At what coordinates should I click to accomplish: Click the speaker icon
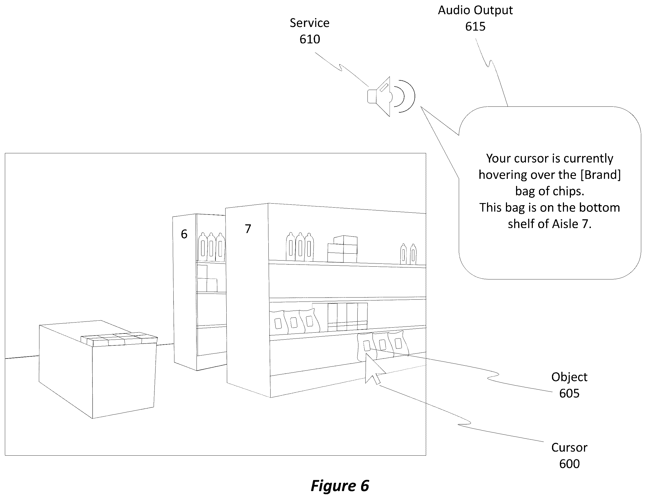click(x=390, y=96)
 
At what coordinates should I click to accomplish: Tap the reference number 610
click(x=310, y=39)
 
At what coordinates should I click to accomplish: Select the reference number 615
click(x=475, y=27)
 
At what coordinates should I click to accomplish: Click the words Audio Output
click(x=475, y=10)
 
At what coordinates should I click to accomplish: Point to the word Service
click(x=309, y=23)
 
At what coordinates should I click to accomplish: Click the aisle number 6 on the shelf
click(x=184, y=234)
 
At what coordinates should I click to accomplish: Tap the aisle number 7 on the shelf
click(x=248, y=229)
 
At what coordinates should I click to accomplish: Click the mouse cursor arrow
click(x=374, y=369)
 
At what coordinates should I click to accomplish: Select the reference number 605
click(x=569, y=393)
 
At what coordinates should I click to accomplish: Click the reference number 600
click(x=569, y=464)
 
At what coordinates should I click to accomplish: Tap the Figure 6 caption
click(x=340, y=486)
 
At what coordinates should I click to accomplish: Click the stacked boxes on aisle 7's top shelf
click(x=342, y=249)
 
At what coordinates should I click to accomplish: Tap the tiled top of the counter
click(x=119, y=339)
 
